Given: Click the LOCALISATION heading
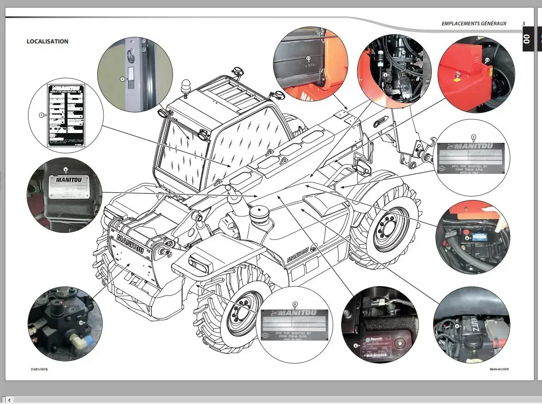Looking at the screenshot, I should click(48, 42).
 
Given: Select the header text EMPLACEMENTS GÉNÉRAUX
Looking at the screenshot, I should click(474, 24).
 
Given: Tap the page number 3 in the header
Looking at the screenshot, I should click(523, 24).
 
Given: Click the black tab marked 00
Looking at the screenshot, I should click(527, 39).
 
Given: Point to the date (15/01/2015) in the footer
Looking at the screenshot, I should click(39, 369).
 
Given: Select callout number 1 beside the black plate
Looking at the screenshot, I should click(41, 115).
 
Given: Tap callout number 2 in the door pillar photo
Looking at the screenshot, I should click(122, 79).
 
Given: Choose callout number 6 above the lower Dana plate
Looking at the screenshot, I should click(295, 304).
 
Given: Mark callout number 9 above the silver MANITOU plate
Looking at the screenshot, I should click(65, 169).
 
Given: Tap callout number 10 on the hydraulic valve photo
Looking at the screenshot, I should click(81, 322).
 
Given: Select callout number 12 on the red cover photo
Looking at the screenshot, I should click(487, 59).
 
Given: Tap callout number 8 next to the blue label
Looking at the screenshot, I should click(467, 238).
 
